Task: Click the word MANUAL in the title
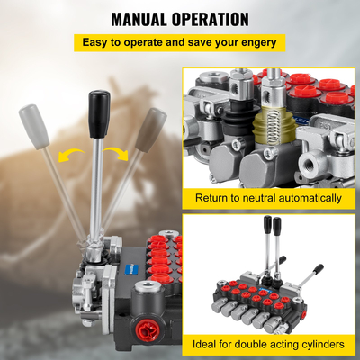pos(144,18)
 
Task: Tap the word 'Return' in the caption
pos(213,197)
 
